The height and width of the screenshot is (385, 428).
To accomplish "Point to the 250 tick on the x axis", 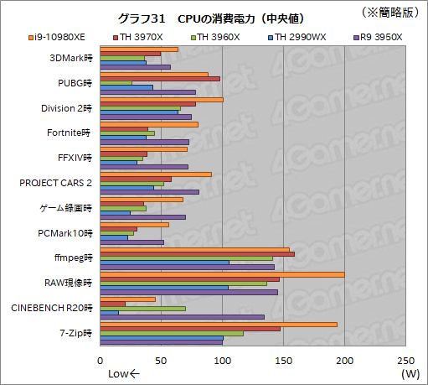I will tap(405, 360).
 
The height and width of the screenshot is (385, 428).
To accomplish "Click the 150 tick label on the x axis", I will tap(283, 360).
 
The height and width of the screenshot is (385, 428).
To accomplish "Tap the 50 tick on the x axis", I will tap(162, 360).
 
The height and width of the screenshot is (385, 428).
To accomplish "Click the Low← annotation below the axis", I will tap(124, 373).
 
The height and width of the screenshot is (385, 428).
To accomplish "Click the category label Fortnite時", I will tap(70, 133).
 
